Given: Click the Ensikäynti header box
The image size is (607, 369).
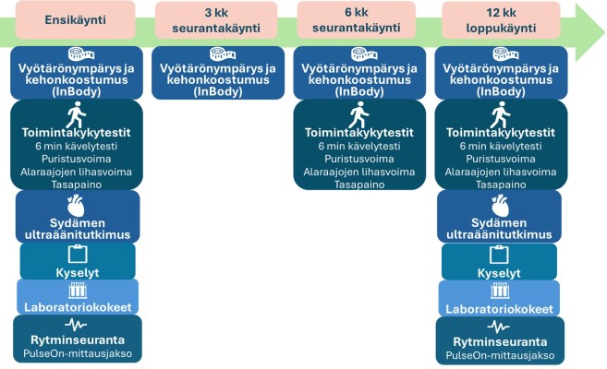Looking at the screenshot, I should pyautogui.click(x=76, y=19).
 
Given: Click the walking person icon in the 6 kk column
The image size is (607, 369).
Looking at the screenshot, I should pyautogui.click(x=358, y=115).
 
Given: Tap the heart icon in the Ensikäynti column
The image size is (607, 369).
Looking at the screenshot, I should pyautogui.click(x=77, y=203).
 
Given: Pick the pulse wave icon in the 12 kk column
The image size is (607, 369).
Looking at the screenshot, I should pyautogui.click(x=498, y=327).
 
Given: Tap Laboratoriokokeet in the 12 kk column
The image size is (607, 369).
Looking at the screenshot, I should pyautogui.click(x=499, y=309).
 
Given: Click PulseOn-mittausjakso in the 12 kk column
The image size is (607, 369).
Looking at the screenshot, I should pyautogui.click(x=499, y=355).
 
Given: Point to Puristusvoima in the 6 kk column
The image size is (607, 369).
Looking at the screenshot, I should pyautogui.click(x=358, y=159).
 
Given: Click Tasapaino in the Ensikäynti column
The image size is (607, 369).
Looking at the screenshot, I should pyautogui.click(x=77, y=184).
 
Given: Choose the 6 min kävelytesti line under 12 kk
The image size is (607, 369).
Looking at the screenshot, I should pyautogui.click(x=500, y=146).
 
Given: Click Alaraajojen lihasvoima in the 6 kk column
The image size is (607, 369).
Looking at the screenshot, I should pyautogui.click(x=358, y=172).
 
